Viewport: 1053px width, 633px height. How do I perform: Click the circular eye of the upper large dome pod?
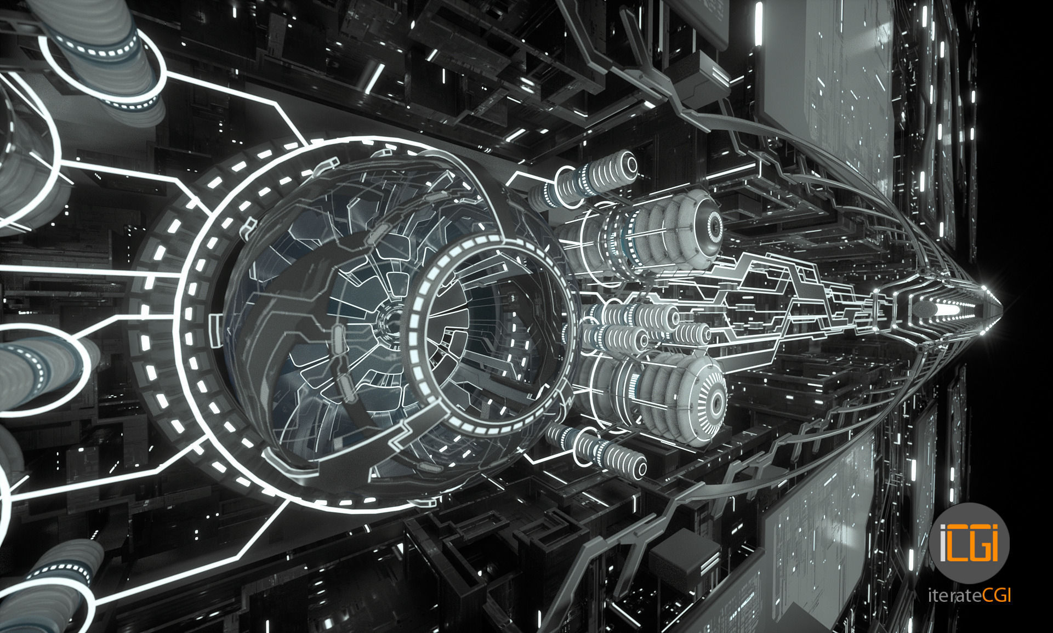click(714, 224)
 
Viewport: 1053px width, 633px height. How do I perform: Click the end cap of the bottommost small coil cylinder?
click(639, 470)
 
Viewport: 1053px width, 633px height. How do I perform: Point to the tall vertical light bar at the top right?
click(759, 25)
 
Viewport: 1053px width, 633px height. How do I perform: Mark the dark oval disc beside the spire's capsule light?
click(923, 310)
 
